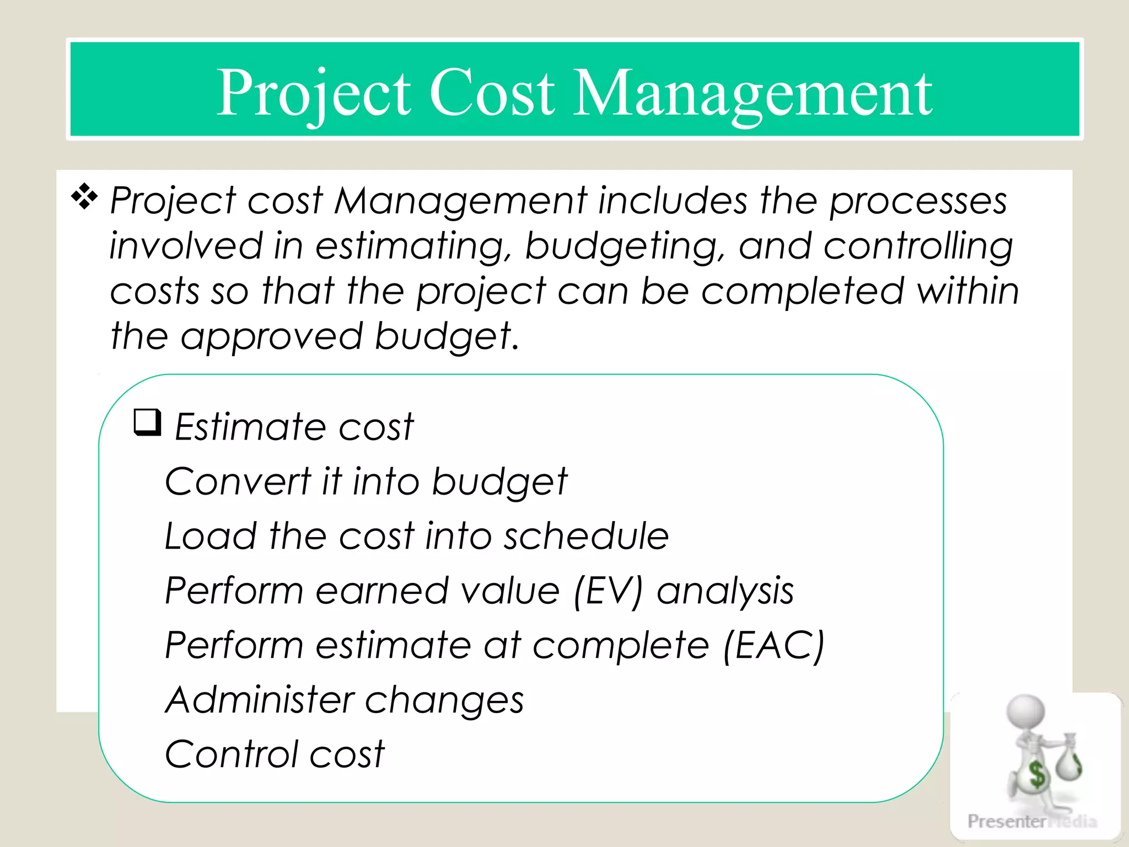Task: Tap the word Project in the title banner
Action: coord(313,94)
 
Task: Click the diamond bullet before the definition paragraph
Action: coord(84,197)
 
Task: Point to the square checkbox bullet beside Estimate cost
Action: coord(148,423)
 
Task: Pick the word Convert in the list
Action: coord(238,481)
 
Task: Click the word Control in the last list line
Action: coord(231,754)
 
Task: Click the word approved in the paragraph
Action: coord(271,337)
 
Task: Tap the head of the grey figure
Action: coord(1025,711)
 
